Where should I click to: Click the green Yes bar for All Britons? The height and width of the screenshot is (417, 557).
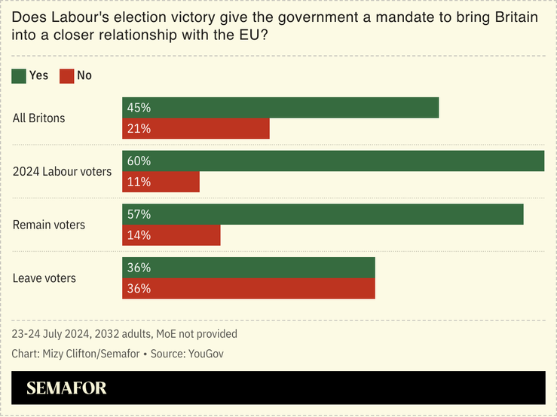pos(280,108)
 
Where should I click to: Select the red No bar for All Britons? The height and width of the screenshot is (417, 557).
pos(196,129)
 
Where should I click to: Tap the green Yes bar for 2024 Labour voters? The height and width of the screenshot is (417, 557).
pos(333,161)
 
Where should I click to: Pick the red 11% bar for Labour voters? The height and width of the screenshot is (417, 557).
pos(161,182)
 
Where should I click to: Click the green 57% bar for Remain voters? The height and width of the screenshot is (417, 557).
pos(323,214)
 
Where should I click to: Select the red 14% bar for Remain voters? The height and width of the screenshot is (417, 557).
pos(171,235)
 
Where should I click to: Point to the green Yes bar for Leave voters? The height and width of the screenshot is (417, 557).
pos(249,268)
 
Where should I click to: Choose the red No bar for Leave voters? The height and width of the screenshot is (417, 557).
pos(249,289)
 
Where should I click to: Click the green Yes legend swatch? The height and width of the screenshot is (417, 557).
pos(19,75)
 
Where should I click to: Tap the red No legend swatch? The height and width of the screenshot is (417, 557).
pos(67,75)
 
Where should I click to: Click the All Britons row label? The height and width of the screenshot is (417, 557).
pos(39,118)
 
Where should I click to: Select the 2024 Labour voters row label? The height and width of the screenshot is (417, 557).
pos(63,172)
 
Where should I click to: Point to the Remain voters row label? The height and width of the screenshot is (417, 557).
pos(49,225)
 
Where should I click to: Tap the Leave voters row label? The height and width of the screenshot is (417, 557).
pos(44,278)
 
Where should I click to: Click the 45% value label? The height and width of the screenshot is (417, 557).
pos(139,108)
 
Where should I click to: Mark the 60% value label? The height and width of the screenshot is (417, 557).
pos(139,161)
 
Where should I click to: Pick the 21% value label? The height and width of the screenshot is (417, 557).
pos(139,129)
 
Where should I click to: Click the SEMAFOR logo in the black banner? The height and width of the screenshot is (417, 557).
pos(66,388)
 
